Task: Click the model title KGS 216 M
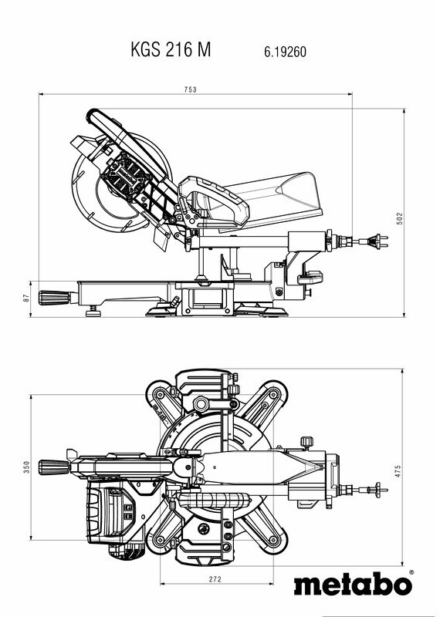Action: (171, 49)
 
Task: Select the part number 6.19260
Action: (285, 52)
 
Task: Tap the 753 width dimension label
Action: (190, 89)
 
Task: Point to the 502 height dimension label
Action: (400, 219)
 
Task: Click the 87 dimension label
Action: (26, 298)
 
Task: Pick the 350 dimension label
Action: (26, 467)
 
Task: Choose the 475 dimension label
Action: (398, 471)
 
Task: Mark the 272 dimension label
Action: (215, 579)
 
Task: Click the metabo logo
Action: (353, 585)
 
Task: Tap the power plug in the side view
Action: (377, 241)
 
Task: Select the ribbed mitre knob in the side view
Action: (54, 298)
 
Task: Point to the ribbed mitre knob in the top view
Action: (54, 467)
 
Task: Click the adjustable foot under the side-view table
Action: (93, 312)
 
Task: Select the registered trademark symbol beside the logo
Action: (411, 572)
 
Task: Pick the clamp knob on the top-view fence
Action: (201, 404)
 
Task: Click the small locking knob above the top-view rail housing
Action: (307, 442)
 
